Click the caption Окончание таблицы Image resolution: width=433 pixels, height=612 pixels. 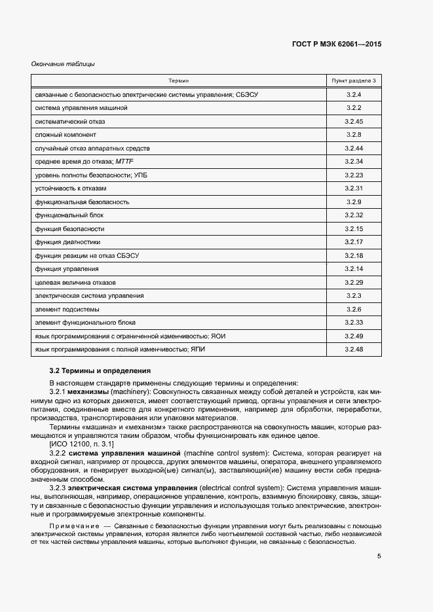[64, 64]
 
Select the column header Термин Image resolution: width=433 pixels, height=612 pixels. [178, 81]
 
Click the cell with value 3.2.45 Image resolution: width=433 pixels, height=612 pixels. [354, 122]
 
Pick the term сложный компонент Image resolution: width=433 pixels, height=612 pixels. [66, 135]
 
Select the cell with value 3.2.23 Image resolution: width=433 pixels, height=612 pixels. [354, 175]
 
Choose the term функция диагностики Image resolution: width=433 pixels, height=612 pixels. [67, 242]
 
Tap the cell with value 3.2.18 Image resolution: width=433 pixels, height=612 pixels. [354, 255]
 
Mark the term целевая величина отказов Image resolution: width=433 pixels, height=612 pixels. [75, 283]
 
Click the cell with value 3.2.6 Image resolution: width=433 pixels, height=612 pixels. [354, 309]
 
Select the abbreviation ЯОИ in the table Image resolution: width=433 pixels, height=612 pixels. [218, 336]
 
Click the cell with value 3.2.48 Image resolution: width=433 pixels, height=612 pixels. [354, 350]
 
